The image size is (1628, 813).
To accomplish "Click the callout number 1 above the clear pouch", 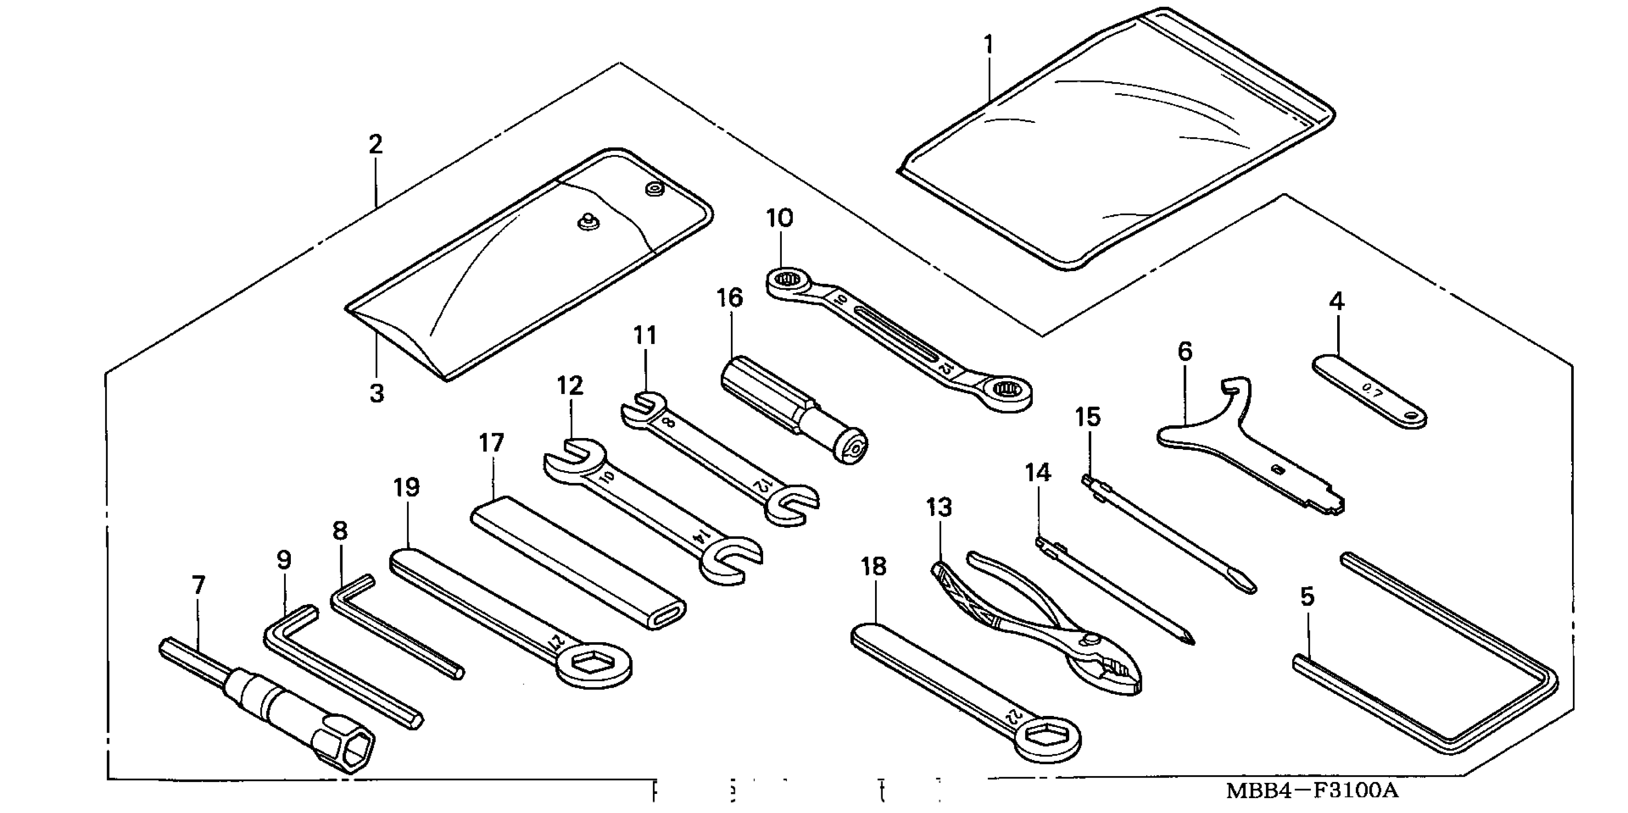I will tap(988, 45).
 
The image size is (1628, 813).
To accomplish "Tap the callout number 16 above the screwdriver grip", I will tap(730, 297).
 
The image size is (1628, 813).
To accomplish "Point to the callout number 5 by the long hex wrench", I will tap(1307, 596).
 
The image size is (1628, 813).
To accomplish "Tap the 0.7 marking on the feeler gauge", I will tap(1373, 392).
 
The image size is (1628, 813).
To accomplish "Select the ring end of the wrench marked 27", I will tap(594, 663).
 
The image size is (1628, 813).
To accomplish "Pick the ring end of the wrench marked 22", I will tap(1046, 737).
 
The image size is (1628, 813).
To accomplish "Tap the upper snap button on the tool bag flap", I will tap(653, 188).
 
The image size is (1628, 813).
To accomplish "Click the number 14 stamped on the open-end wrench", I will tap(699, 536).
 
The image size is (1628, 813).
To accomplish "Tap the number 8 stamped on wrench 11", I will tap(669, 424).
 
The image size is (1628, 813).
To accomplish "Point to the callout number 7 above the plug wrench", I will tap(199, 585).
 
